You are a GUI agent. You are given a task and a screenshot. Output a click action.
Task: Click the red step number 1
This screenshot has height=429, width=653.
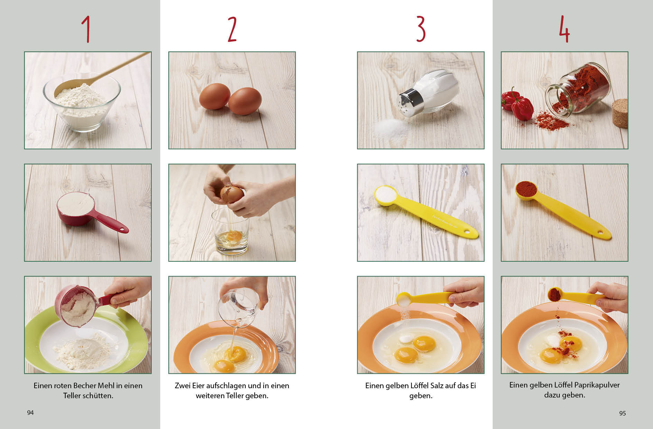(87, 30)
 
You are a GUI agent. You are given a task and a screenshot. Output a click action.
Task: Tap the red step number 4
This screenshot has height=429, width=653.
(564, 29)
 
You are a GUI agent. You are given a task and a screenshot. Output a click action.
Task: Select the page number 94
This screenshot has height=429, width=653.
(30, 412)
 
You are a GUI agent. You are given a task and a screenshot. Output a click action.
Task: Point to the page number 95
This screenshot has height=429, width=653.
(622, 413)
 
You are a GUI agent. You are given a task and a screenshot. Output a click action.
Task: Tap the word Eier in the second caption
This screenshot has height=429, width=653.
(198, 385)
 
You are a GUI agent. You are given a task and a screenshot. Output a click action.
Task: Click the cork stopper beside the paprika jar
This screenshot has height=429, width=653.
(620, 113)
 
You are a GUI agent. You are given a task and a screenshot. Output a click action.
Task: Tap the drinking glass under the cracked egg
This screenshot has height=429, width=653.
(231, 232)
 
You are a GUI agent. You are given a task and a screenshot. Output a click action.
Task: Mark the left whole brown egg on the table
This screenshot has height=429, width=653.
(215, 96)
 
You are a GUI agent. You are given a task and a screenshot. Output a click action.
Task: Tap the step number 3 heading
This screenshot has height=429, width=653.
(420, 29)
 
